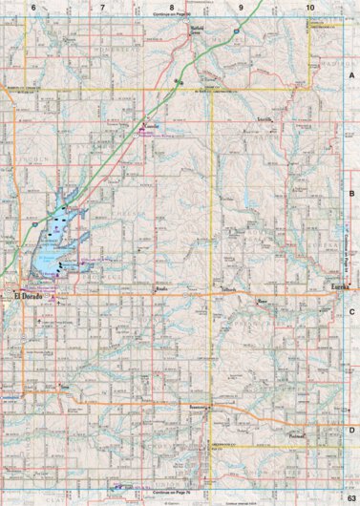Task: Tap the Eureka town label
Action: coord(339,286)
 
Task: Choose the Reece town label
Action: coord(263,299)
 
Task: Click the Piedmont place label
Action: coord(297,435)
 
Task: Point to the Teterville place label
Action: coord(265,118)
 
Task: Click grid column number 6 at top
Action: coord(33,8)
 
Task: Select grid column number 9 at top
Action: coord(241,8)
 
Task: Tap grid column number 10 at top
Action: coord(310,8)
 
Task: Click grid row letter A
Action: coord(351,74)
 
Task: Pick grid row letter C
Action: coord(351,311)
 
